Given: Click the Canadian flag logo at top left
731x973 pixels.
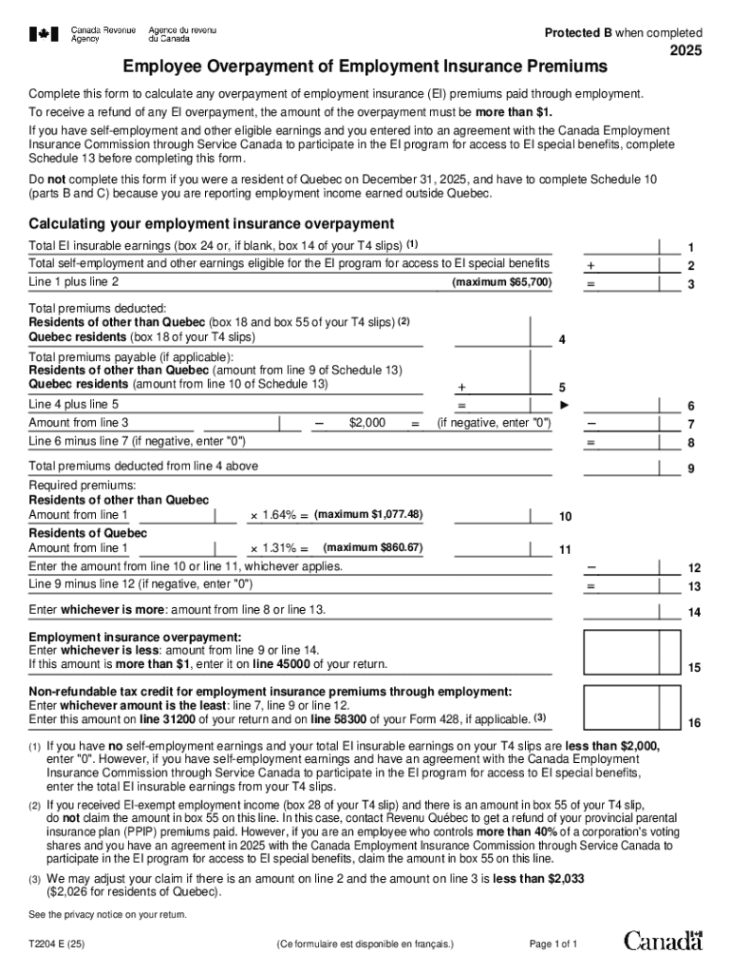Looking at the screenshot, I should pos(42,34).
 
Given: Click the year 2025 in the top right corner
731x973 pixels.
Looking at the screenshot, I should pos(685,52).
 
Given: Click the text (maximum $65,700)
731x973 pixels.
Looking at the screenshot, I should pos(502,283).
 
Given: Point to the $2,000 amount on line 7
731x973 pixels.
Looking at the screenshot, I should pos(367,423).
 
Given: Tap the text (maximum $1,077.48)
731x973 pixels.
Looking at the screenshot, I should pos(368,515).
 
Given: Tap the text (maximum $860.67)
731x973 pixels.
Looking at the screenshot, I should pos(372,548).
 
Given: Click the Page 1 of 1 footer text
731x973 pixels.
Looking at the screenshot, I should pos(553,944).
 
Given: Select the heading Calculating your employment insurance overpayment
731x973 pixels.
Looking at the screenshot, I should pos(211,224).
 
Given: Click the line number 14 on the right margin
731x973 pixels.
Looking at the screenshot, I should pos(694,613).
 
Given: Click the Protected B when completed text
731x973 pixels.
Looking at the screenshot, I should pos(623,32).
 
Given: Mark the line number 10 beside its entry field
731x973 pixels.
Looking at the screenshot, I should pos(565,517).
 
